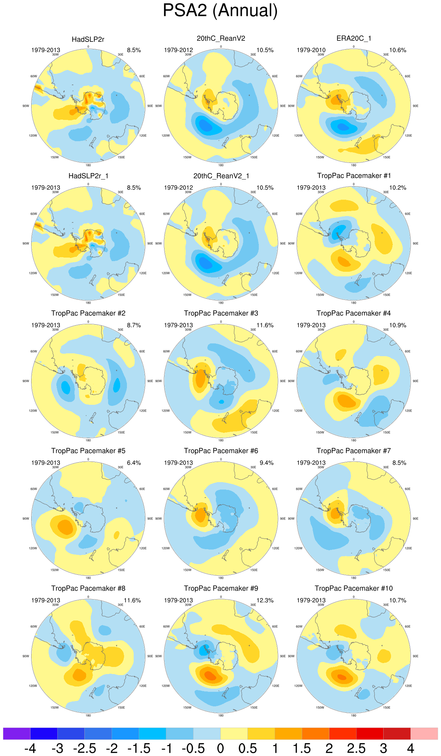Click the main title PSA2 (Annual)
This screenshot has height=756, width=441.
220,11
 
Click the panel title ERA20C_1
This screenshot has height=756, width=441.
353,38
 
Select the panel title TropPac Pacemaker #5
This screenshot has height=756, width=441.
88,451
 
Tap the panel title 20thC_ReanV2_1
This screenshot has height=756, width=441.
221,176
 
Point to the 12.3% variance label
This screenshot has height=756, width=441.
265,600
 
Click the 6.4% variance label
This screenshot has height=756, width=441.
134,463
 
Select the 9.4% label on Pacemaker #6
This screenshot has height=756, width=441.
266,463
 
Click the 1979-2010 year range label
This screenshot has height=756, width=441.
311,50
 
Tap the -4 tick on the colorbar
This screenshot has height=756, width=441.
30,749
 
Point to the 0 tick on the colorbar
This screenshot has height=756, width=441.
220,749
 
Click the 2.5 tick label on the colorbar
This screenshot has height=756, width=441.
356,749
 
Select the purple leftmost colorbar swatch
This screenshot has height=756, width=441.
17,733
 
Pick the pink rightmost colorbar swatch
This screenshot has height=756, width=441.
424,733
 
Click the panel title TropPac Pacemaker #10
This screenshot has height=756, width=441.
353,588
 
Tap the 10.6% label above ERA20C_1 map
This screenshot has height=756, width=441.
397,50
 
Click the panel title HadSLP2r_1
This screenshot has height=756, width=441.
88,176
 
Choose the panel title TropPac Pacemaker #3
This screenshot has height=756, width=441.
221,313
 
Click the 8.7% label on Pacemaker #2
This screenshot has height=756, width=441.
134,325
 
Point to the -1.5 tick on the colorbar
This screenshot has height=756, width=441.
139,749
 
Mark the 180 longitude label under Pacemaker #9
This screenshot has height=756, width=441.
221,716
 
